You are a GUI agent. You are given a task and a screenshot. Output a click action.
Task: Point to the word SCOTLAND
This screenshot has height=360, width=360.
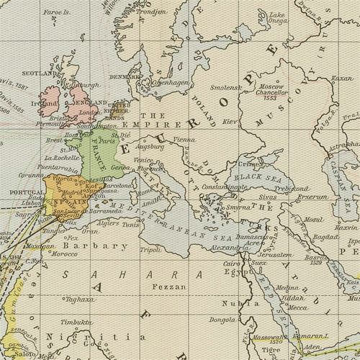click(22, 73)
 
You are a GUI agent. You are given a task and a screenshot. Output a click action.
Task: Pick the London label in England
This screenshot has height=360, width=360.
click(89, 112)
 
